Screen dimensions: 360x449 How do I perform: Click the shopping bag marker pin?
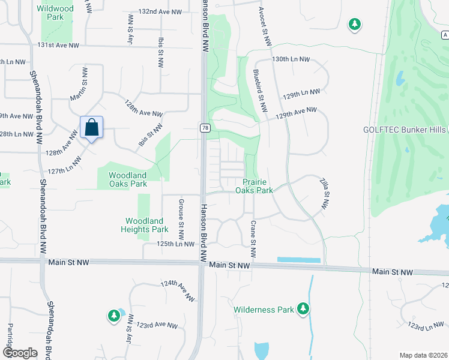91,128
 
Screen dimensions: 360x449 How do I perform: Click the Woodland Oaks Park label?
127,179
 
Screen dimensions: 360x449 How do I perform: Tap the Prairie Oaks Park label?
258,186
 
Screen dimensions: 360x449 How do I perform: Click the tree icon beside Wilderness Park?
303,309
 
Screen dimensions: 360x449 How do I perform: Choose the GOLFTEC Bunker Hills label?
405,130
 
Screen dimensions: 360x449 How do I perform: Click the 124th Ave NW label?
178,290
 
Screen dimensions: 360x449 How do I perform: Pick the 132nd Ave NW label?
160,11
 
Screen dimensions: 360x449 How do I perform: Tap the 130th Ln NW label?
291,60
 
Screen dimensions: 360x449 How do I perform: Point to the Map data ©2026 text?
423,355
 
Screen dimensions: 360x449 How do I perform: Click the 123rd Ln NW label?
425,326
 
